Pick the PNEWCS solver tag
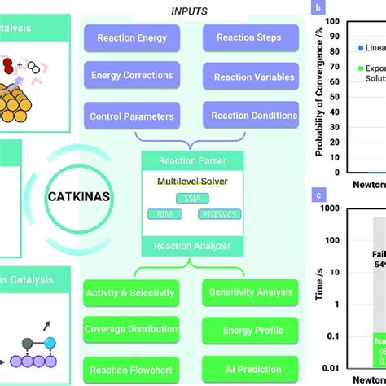point(219,214)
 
